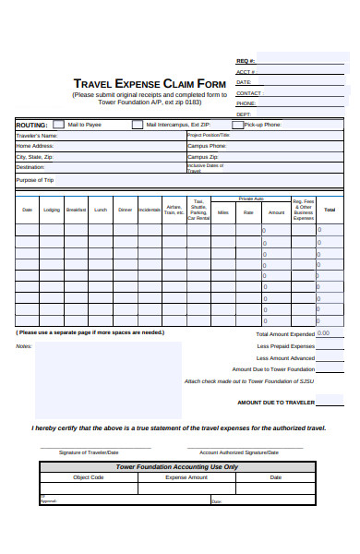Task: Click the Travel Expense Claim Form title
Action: [150, 82]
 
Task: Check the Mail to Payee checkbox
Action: [58, 124]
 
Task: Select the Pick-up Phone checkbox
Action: [237, 124]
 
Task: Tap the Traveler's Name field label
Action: [37, 135]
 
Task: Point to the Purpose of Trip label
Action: [35, 180]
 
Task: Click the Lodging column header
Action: [52, 210]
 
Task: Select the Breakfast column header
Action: [76, 210]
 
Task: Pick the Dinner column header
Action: [125, 210]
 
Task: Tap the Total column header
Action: [330, 210]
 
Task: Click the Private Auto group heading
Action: [251, 199]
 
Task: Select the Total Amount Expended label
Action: [285, 333]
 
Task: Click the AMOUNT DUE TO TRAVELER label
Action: [276, 403]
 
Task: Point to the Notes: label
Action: [24, 346]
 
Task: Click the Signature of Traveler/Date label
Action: [89, 452]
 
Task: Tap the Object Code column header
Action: [89, 477]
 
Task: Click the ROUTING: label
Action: [31, 124]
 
